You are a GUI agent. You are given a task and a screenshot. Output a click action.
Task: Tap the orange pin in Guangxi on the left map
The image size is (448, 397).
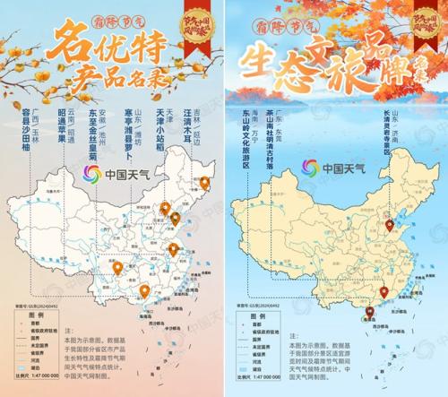[143, 289]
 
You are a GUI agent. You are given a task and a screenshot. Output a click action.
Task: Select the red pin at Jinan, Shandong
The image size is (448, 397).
[390, 224]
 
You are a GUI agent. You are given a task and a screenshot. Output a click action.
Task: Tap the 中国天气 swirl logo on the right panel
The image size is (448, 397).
[310, 167]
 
